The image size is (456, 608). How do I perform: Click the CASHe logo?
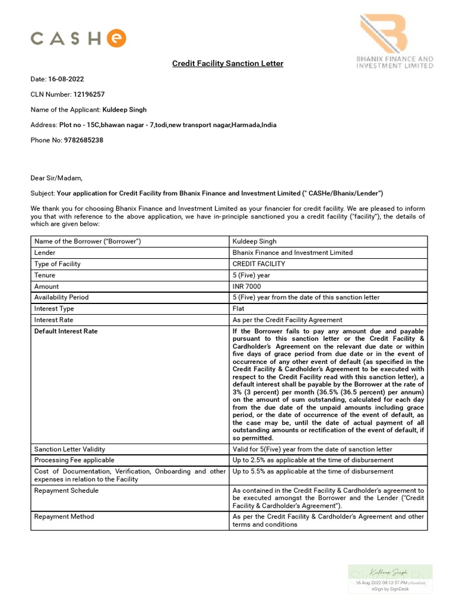coord(78,39)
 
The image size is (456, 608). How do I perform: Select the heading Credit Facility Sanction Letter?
coord(227,64)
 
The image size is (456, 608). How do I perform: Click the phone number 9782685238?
coord(83,140)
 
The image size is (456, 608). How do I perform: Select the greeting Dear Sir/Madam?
coord(57,178)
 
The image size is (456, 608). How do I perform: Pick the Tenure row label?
coord(45,275)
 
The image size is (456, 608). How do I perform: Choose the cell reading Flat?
coord(239,309)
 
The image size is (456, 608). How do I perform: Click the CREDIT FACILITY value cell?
coord(259,264)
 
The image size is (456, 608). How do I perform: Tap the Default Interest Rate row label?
coord(66,331)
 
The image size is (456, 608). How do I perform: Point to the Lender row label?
coord(45,252)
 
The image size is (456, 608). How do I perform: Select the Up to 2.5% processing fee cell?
coord(312,460)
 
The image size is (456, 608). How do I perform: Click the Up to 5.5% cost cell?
coord(312,471)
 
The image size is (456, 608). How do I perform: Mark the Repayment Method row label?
coord(64,517)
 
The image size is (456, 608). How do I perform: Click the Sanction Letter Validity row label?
coord(70,449)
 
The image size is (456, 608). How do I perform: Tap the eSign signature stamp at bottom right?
coord(389,579)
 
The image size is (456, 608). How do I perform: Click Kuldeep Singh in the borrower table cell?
coord(255,242)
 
